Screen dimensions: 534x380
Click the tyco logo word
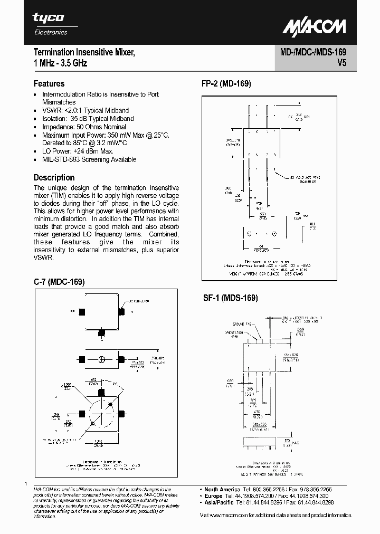[x=49, y=18]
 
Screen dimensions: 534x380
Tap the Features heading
[x=49, y=83]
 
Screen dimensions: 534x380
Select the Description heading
[x=54, y=177]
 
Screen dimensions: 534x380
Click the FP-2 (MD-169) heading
[x=226, y=84]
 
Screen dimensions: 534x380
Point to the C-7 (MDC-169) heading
[x=59, y=282]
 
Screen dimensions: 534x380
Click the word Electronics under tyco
[x=51, y=32]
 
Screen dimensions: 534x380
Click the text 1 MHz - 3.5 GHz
[x=61, y=63]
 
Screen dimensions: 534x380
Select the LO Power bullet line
[x=78, y=151]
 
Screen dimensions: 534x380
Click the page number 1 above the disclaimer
[x=26, y=483]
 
